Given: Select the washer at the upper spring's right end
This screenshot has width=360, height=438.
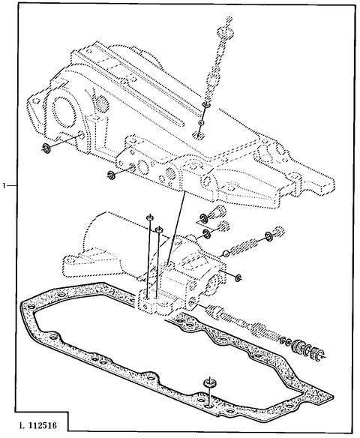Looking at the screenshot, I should point(266,240).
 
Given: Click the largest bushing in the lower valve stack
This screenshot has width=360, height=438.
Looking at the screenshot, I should point(303,347).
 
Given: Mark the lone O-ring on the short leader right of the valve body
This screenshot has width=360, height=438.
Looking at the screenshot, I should point(238,278).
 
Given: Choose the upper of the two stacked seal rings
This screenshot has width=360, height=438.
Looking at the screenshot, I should point(202,219).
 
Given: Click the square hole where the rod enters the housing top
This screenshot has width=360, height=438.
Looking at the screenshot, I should point(199,134).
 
